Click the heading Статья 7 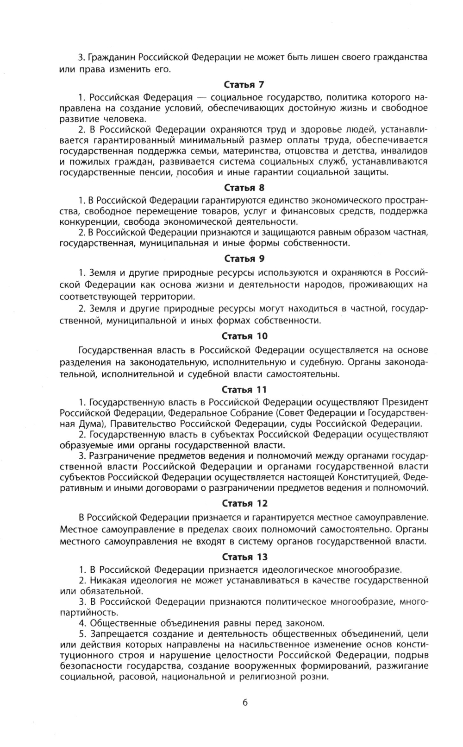(x=244, y=85)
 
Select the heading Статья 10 (x=244, y=336)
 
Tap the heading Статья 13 (x=244, y=557)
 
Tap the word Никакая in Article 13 (x=107, y=580)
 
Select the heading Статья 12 (x=244, y=503)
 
